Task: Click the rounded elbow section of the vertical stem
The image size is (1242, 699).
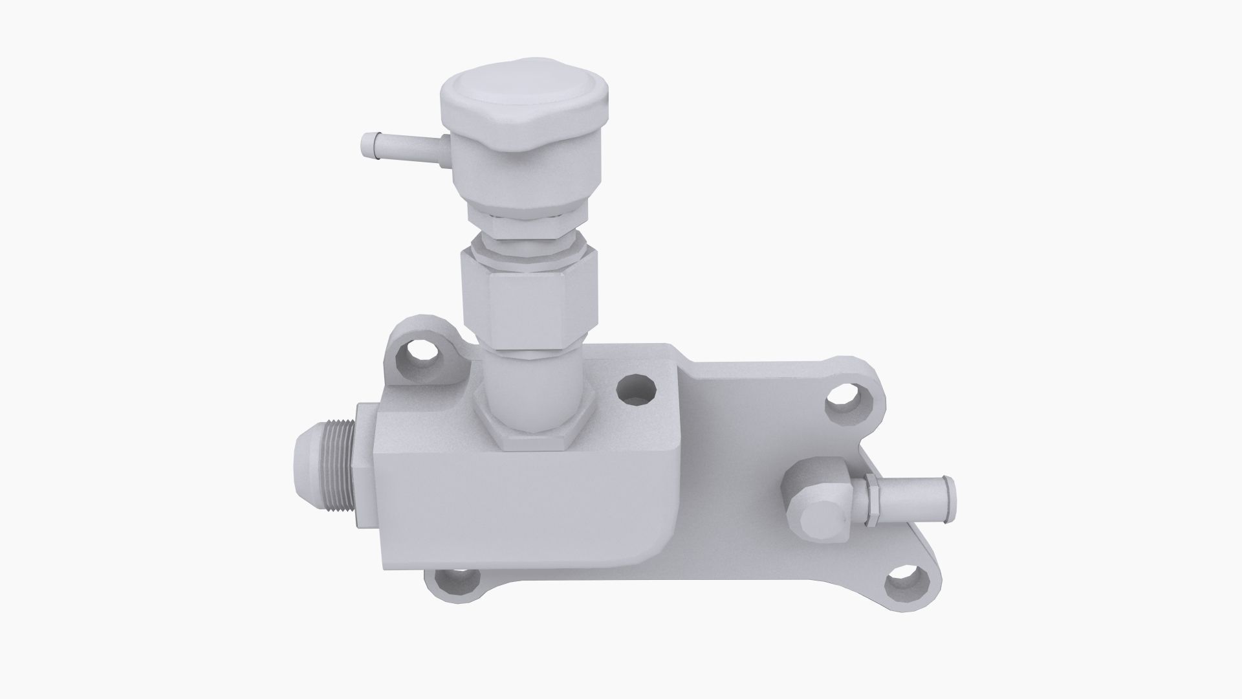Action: click(x=529, y=388)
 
